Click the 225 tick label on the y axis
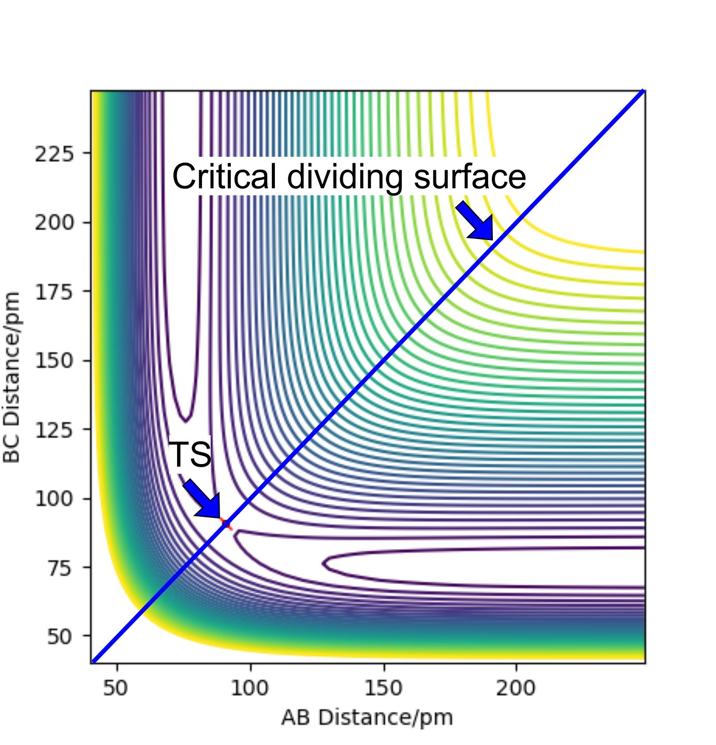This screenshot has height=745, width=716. tap(54, 154)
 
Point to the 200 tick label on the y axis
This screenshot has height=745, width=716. tap(54, 222)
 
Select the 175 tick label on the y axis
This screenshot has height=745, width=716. tap(54, 292)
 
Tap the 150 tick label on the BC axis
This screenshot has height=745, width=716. tap(54, 361)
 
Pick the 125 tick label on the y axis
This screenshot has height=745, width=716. tap(54, 429)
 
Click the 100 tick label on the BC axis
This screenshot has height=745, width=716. tap(54, 499)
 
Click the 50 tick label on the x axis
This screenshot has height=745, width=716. tap(116, 689)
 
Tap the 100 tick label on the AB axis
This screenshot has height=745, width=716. tap(250, 689)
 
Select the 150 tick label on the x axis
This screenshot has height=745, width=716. tap(383, 689)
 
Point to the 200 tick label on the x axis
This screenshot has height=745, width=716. tap(516, 689)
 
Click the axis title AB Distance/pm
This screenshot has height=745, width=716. tap(367, 718)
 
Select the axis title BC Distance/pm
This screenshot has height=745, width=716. tap(11, 377)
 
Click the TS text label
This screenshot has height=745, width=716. tap(191, 454)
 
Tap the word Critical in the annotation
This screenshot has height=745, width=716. tap(225, 177)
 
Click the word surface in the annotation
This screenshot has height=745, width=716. tap(470, 177)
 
